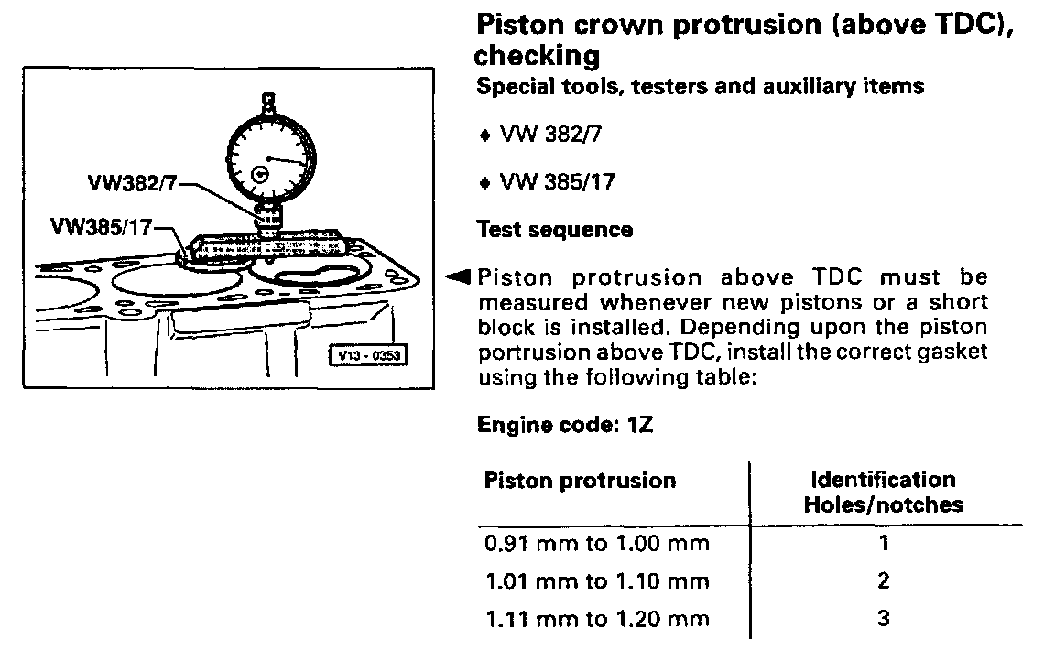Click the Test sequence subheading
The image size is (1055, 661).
coord(554,229)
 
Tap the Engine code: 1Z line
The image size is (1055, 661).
coord(565,425)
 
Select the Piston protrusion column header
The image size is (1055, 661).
coord(579,481)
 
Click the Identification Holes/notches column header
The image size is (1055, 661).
coord(883,492)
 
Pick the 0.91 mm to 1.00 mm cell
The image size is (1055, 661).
coord(596,543)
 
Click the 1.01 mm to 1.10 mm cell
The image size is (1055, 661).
coord(596,581)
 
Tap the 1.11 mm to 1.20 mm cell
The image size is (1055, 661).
coord(596,619)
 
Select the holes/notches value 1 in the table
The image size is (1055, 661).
coord(883,543)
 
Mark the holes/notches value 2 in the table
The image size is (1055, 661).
coord(883,581)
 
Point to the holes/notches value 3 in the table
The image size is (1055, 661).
coord(883,619)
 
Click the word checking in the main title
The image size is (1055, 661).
coord(537,57)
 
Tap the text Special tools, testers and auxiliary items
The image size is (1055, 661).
coord(700,87)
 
